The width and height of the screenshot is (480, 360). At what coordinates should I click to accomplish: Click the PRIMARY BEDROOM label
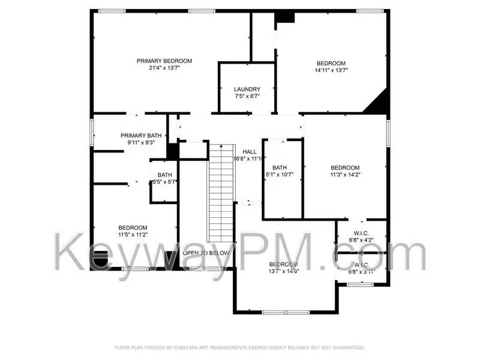(164, 61)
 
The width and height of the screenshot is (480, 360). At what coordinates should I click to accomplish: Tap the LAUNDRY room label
(247, 89)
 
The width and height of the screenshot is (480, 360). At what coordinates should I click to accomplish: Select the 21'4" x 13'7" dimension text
(164, 68)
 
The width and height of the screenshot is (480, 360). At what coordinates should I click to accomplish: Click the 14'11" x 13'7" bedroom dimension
(331, 71)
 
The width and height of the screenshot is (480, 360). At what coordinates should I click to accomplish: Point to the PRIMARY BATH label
(141, 135)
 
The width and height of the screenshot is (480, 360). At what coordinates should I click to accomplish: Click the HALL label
(250, 151)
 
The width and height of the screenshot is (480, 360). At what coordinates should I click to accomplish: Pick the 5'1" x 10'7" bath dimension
(280, 175)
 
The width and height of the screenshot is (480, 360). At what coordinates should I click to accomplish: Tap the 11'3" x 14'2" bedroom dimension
(345, 175)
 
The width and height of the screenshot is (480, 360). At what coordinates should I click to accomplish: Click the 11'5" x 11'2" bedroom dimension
(133, 235)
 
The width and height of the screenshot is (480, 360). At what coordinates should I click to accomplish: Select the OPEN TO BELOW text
(206, 253)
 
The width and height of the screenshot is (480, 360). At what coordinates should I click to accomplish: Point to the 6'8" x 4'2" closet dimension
(361, 241)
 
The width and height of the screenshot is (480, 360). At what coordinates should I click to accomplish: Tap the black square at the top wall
(285, 17)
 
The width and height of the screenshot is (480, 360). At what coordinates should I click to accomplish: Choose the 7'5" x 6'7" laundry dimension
(247, 96)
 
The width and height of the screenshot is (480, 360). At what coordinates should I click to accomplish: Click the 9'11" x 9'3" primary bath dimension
(141, 143)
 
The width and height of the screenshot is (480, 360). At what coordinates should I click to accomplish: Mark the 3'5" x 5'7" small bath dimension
(163, 182)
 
